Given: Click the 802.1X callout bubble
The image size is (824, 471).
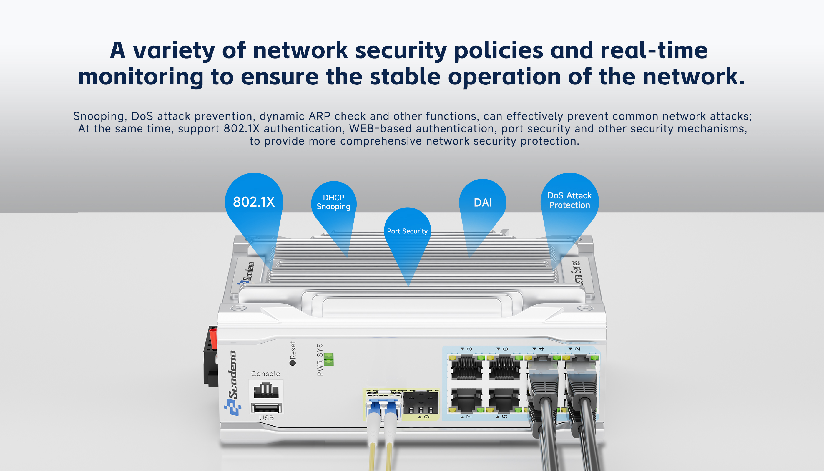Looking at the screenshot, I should point(254,202).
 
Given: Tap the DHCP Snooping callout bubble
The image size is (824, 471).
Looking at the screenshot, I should point(333,202).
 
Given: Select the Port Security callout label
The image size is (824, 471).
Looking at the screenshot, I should point(407,231).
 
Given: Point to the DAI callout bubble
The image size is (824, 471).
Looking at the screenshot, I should point(483,203).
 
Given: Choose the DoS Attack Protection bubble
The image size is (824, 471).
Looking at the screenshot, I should point(569,200).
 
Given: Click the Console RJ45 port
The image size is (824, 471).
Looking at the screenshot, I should point(266,390).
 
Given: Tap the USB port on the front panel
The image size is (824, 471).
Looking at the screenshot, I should point(266,408).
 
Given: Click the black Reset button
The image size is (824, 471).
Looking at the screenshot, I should point(293,363).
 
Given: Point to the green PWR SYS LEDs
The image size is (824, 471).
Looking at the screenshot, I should point(328,359).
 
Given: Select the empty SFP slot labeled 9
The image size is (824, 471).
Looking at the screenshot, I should point(421,403).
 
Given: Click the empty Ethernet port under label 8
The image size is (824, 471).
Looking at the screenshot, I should point(466,367).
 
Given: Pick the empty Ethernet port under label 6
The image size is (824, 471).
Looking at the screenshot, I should point(504,367).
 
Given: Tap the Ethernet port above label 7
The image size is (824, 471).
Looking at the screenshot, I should point(466,400).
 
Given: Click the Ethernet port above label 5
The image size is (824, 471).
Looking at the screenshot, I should point(504,400).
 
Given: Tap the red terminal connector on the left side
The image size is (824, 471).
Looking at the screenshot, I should point(213,338).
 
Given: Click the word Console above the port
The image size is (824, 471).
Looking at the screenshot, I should point(265,374).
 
